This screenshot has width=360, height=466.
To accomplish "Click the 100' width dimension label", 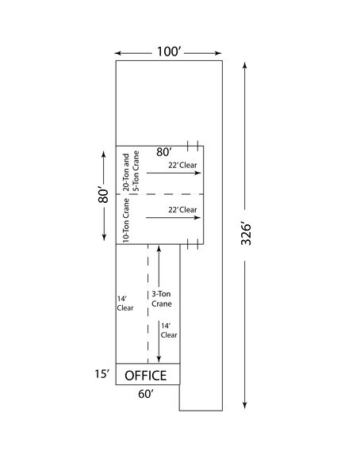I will click(x=169, y=52).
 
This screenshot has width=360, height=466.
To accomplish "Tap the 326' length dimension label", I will click(x=248, y=236).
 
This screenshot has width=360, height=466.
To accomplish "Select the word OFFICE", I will click(x=147, y=375).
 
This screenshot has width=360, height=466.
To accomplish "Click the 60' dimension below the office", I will click(x=146, y=394).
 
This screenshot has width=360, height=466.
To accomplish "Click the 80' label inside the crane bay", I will click(x=164, y=151).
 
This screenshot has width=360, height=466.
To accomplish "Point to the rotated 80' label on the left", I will click(x=103, y=195).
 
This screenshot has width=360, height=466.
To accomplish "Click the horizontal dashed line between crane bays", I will click(x=160, y=194).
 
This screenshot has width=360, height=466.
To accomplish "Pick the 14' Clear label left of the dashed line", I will click(x=123, y=304).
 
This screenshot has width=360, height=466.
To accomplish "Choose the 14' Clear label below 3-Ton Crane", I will click(x=169, y=330).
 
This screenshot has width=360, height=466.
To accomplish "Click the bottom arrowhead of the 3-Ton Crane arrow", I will click(x=159, y=358).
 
